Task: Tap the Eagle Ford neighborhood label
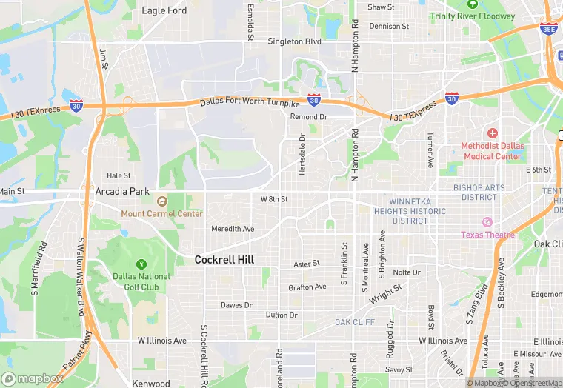(x=164, y=10)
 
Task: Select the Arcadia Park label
(x=123, y=191)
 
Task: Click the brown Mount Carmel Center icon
(x=162, y=201)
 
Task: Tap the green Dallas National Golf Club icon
(x=141, y=264)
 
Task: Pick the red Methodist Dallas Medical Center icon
(x=493, y=133)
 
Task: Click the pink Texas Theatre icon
(x=487, y=222)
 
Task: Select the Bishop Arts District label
(x=479, y=193)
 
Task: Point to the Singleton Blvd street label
(x=294, y=41)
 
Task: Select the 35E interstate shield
(x=549, y=29)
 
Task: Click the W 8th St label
(x=273, y=199)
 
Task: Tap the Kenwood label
(x=150, y=383)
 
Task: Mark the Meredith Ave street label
(x=233, y=229)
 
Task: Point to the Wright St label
(x=386, y=294)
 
